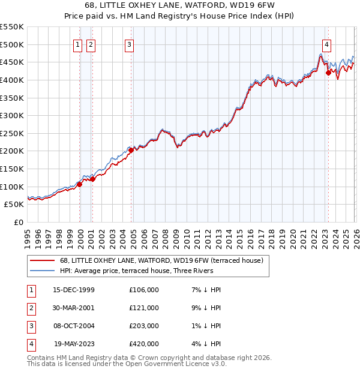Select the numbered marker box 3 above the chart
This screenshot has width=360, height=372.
(x=129, y=44)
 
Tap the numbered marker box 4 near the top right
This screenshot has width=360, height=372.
(x=326, y=44)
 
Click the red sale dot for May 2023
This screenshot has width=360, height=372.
(x=328, y=73)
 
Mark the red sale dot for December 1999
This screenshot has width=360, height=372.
(x=80, y=185)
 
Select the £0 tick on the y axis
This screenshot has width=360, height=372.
(x=17, y=222)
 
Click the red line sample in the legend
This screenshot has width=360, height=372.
(x=43, y=260)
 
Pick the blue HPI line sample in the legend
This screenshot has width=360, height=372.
(x=43, y=271)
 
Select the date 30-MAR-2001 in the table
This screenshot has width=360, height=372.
(x=73, y=308)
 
